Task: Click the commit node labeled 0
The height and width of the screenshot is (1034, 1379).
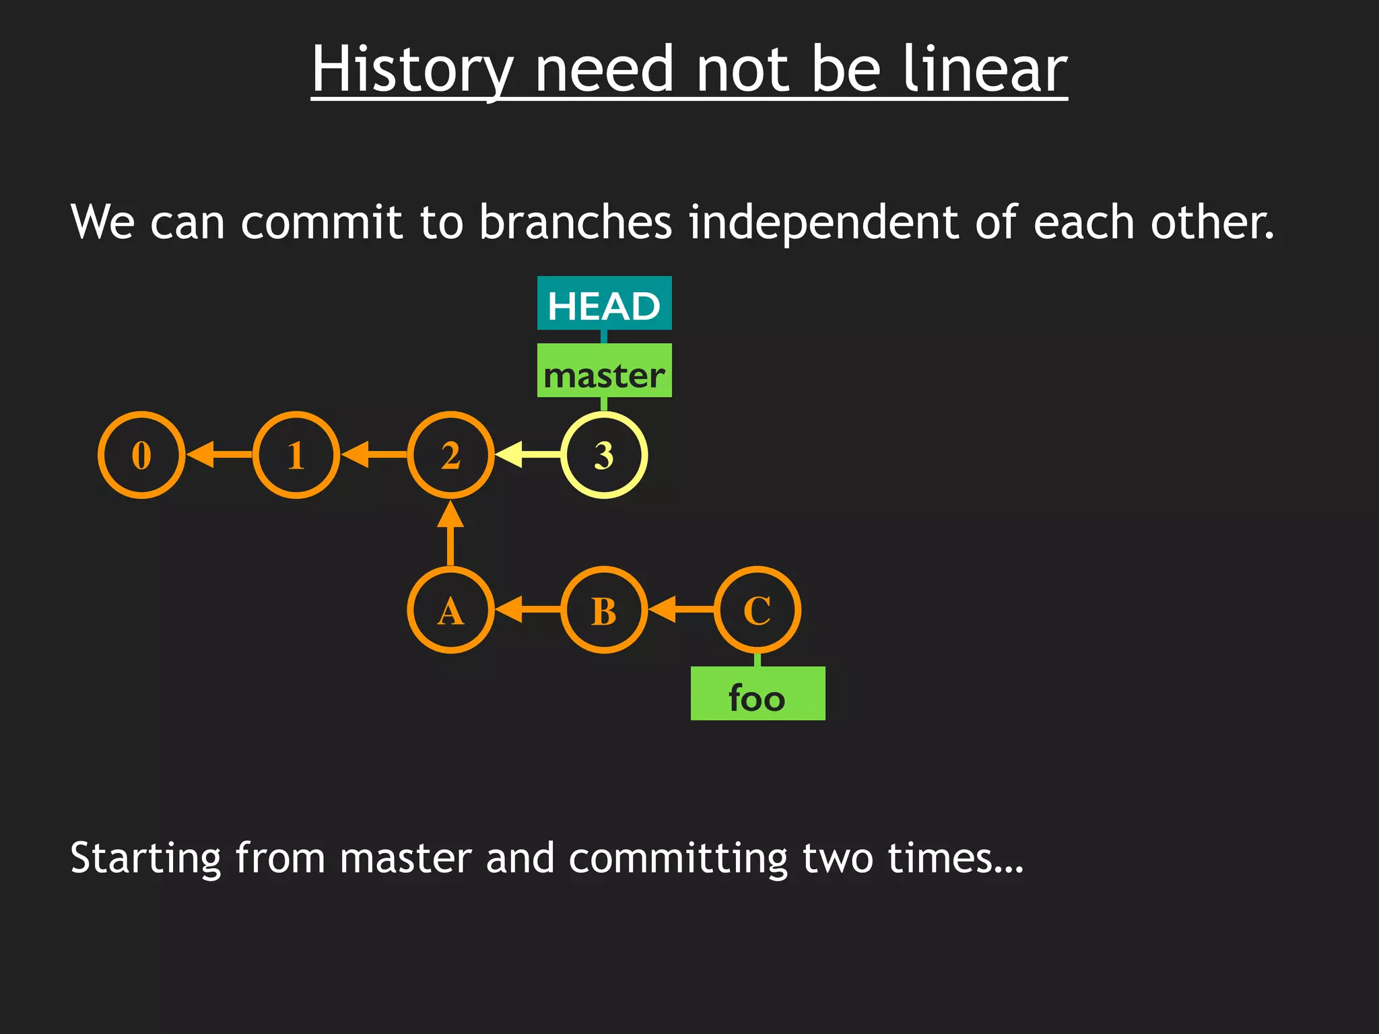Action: [x=141, y=455]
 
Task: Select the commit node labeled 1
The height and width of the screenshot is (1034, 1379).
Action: [x=296, y=455]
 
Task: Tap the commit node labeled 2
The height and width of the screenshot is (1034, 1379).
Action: [x=450, y=455]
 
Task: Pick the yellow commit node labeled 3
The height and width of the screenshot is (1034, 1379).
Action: [x=604, y=455]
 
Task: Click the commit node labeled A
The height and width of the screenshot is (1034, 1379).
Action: [x=450, y=610]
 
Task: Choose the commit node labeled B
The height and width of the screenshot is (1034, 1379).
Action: [x=604, y=610]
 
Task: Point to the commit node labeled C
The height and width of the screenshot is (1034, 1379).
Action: [x=758, y=610]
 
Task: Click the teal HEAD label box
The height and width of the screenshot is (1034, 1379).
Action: [x=604, y=304]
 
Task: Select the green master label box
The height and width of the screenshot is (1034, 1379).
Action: [x=604, y=371]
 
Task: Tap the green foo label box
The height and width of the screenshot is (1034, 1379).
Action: [x=758, y=694]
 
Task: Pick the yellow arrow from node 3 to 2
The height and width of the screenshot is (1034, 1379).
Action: [x=527, y=455]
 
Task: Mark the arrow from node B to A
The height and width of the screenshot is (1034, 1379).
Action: [x=527, y=610]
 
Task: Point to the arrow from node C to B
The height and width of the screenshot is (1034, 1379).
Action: [x=681, y=610]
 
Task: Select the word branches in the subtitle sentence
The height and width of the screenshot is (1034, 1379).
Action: [x=575, y=222]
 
